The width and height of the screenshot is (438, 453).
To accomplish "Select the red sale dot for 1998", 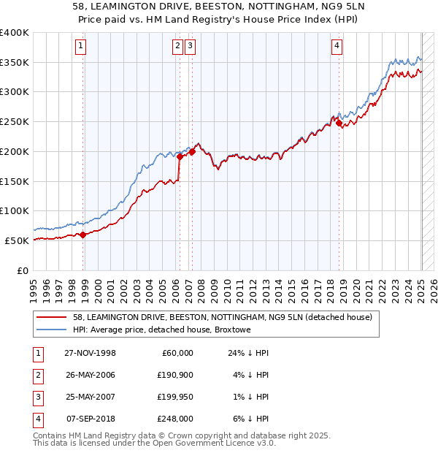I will pos(83,235).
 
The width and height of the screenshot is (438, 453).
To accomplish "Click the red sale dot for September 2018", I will pos(339,124).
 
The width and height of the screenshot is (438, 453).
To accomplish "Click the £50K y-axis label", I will pos(18,240).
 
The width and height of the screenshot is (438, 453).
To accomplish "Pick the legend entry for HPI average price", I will pos(161,330).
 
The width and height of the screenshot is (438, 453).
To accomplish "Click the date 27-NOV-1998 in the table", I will pos(91,352).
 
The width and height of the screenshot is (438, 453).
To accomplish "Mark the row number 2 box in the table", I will pos(36,375).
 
